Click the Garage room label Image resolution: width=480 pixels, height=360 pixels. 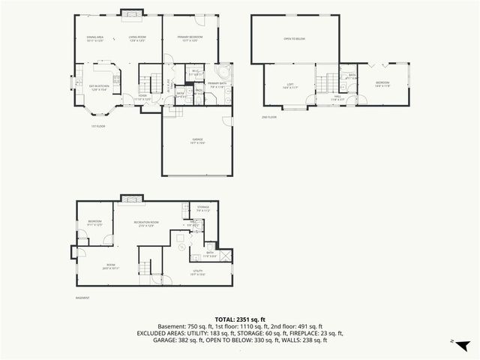coord(197,139)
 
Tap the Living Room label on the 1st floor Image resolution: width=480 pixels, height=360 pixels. coord(137,38)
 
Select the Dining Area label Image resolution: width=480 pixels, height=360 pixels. coord(94,38)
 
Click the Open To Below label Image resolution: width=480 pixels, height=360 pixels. coord(294,38)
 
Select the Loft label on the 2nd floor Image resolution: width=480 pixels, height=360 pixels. coord(289,85)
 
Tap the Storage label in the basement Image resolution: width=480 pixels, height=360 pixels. coord(203,208)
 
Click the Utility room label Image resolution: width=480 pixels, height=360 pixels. coord(199,273)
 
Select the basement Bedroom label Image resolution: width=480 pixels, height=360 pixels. coord(94,223)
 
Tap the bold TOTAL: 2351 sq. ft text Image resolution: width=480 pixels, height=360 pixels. coord(239,319)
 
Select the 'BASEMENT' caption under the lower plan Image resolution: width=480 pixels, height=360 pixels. coord(82,298)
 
